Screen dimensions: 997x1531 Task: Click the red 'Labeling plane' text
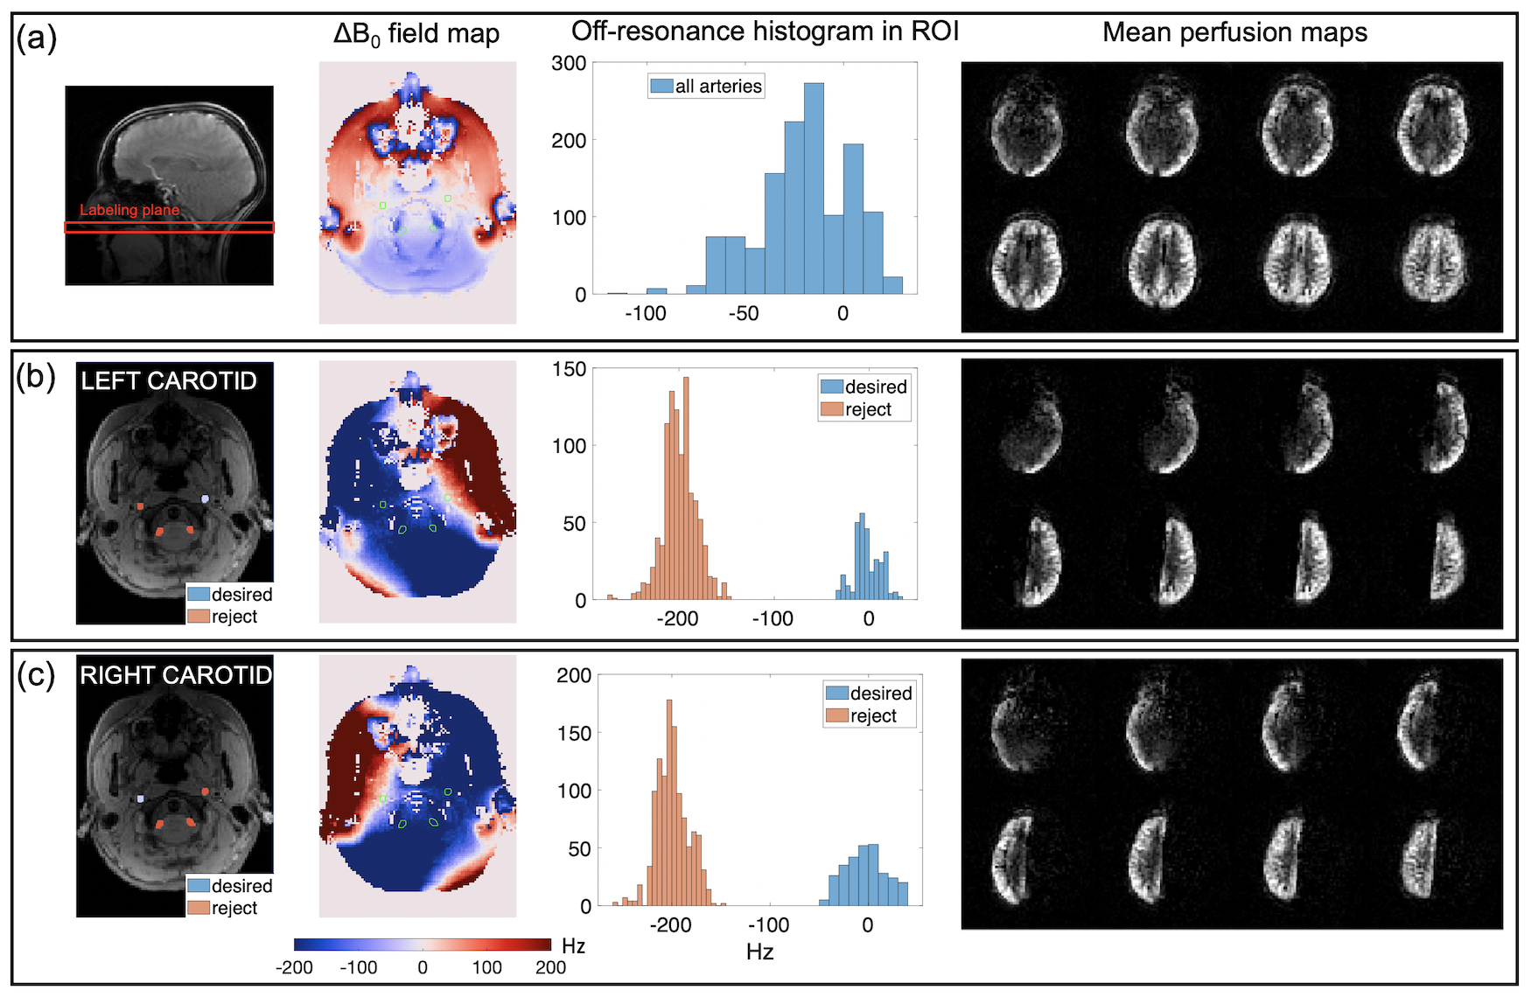(129, 210)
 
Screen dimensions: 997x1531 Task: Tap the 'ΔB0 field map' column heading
(416, 35)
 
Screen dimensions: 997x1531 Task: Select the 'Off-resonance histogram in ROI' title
(765, 31)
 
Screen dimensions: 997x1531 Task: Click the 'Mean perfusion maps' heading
(1234, 32)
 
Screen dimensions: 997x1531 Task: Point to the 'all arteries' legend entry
(717, 86)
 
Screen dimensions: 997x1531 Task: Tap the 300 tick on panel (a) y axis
(569, 63)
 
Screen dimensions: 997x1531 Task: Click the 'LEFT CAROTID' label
(169, 381)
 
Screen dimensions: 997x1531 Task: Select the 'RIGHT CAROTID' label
(176, 675)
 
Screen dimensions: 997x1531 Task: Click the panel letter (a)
(37, 38)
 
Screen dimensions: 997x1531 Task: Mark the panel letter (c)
(37, 676)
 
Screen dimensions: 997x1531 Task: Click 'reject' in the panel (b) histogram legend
(868, 409)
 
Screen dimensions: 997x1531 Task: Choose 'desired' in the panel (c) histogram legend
(880, 694)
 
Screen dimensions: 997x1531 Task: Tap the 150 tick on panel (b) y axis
(569, 369)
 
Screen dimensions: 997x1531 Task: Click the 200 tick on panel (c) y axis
(574, 675)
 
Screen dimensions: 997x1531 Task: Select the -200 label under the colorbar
(294, 967)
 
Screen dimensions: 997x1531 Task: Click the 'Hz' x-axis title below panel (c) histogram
(759, 952)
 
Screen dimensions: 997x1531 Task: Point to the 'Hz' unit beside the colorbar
(573, 945)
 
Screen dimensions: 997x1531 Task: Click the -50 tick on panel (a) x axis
(744, 313)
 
